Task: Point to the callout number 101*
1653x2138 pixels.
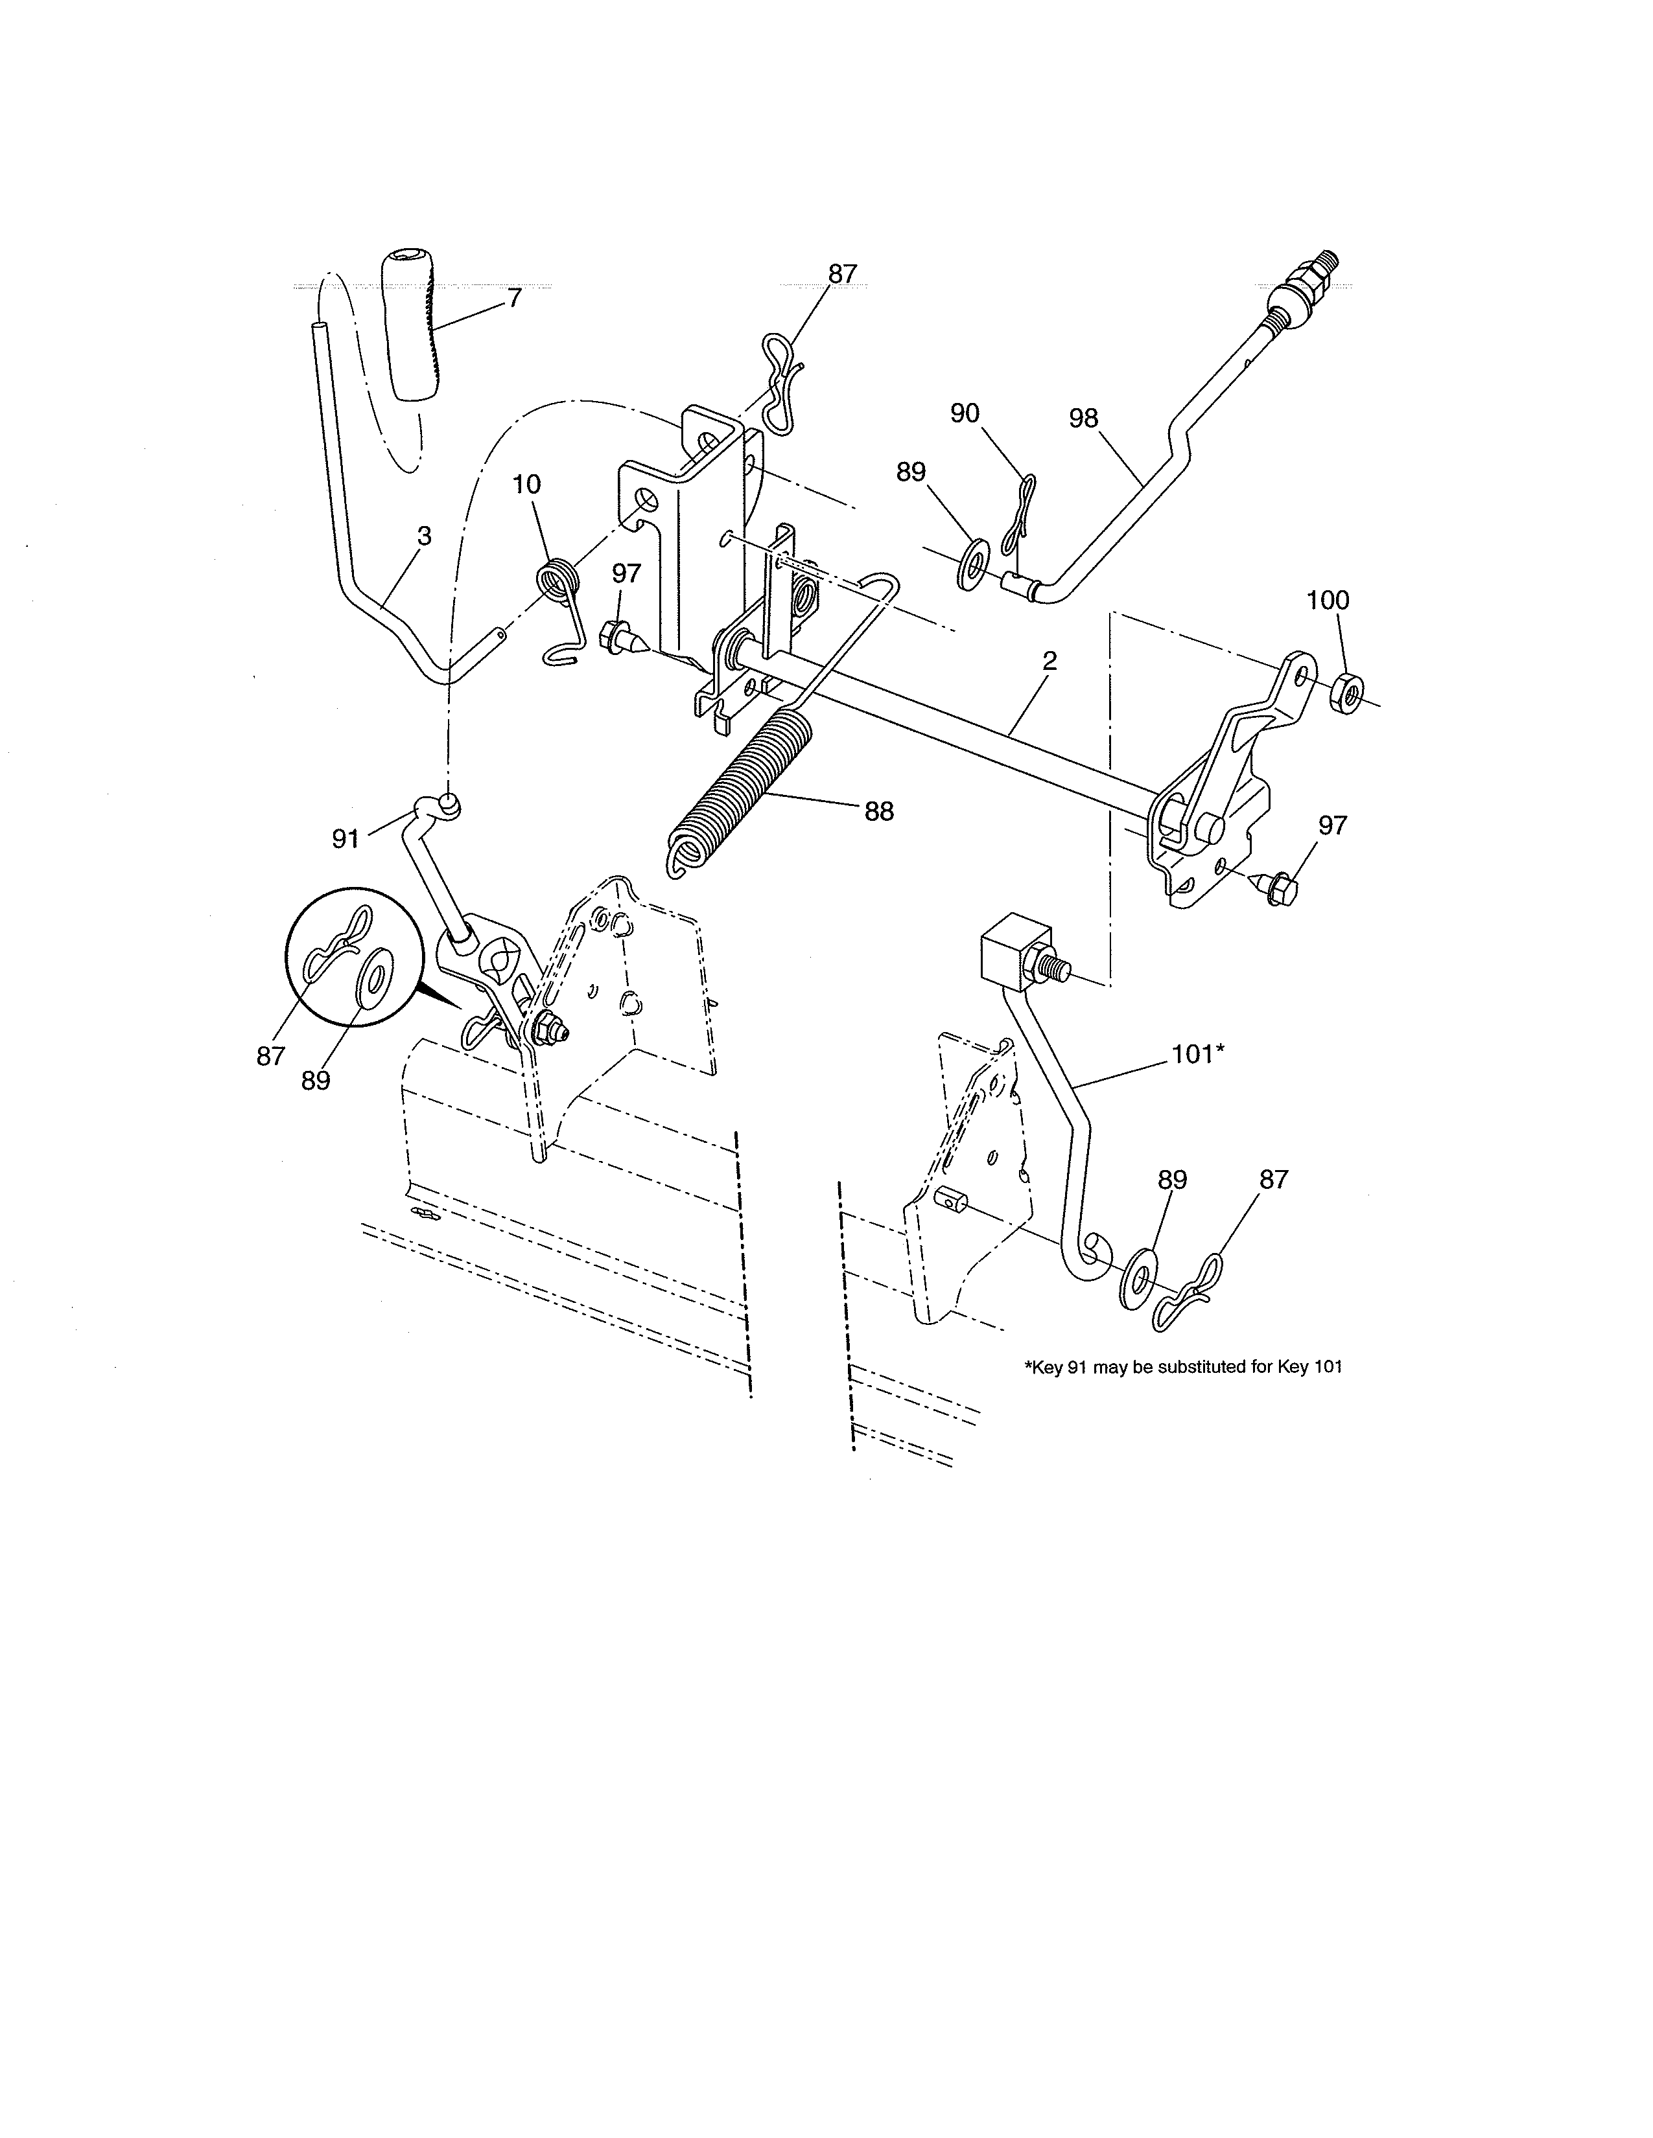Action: pyautogui.click(x=1198, y=1053)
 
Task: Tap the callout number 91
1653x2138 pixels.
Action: pyautogui.click(x=345, y=839)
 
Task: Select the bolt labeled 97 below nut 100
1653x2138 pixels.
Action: pyautogui.click(x=1277, y=889)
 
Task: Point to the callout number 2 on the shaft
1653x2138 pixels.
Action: pyautogui.click(x=1049, y=661)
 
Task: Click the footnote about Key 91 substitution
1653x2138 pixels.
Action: pyautogui.click(x=1183, y=1368)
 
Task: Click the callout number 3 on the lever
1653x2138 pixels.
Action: pyautogui.click(x=424, y=536)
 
